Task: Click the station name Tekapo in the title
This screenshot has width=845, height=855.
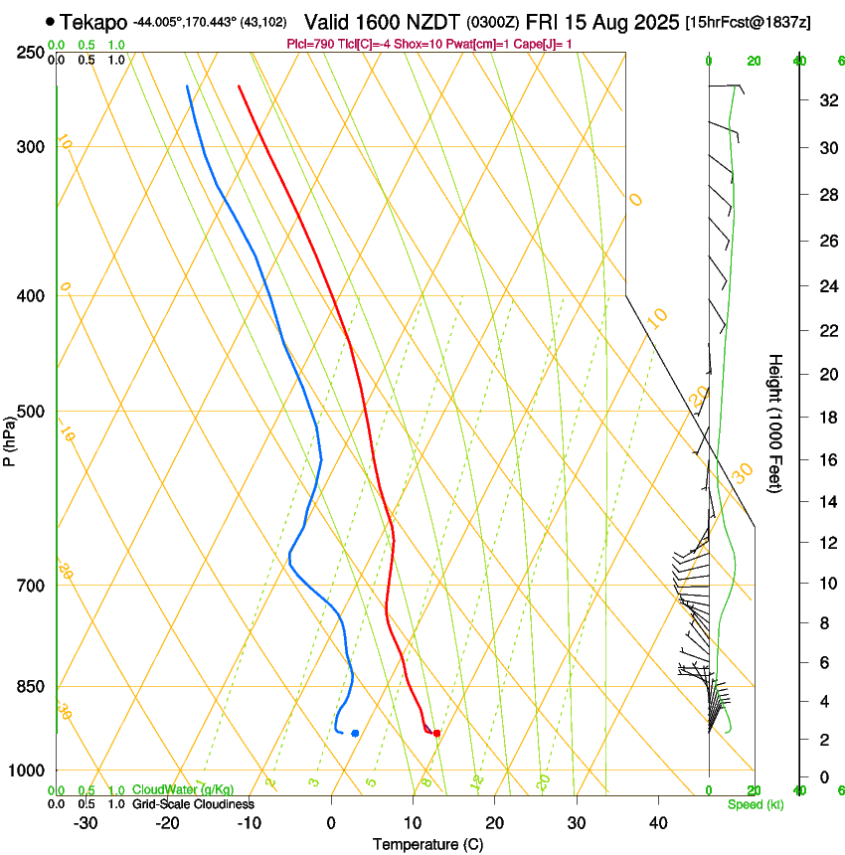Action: [93, 22]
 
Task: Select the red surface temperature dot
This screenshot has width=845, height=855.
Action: [436, 734]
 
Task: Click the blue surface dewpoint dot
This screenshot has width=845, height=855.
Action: [355, 734]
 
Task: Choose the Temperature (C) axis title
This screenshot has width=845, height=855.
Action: [427, 844]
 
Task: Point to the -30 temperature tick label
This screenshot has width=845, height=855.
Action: [85, 823]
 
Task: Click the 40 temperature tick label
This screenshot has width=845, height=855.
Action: [657, 823]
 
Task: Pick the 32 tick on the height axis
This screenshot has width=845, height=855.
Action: [826, 100]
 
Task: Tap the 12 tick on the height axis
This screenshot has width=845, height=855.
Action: [826, 542]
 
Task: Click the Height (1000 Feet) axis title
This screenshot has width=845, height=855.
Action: [775, 423]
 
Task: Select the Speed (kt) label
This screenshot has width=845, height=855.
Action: [755, 804]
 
